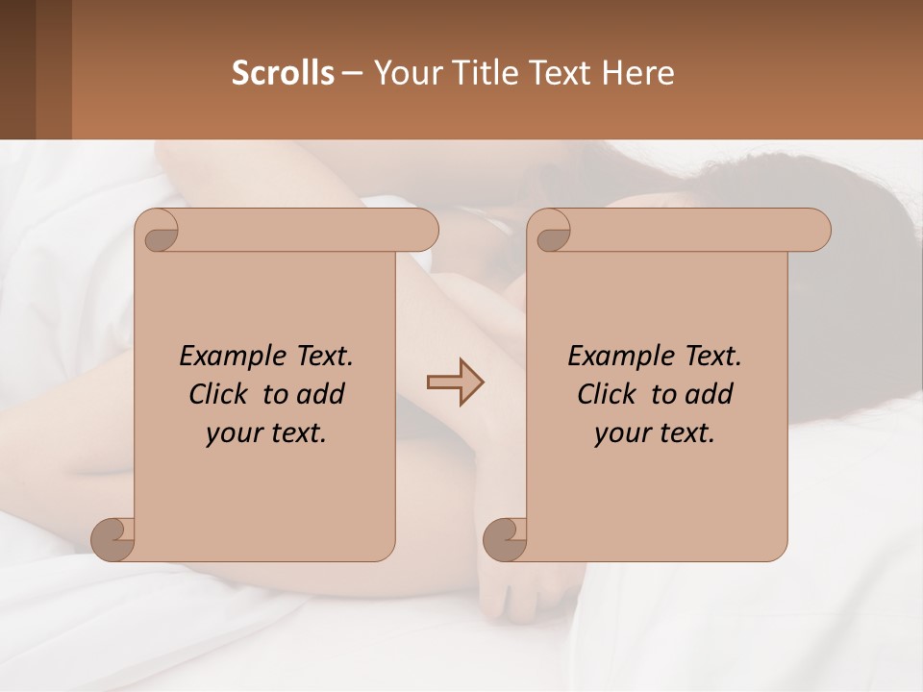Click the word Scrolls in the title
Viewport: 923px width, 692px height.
point(283,73)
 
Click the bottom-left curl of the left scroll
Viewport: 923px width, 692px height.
point(112,538)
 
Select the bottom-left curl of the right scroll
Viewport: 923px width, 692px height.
point(504,538)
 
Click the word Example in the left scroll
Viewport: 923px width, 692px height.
point(229,357)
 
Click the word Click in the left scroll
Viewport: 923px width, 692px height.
point(220,394)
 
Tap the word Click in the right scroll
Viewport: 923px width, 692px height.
point(608,394)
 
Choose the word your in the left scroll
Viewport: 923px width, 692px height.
point(232,433)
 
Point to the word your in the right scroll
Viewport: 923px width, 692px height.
point(620,433)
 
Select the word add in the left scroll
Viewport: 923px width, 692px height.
point(321,394)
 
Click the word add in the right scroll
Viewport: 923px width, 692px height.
point(710,394)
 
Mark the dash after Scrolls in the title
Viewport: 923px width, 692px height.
point(353,73)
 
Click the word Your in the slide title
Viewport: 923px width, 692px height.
point(404,73)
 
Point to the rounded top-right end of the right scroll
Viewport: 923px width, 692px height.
point(817,231)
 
